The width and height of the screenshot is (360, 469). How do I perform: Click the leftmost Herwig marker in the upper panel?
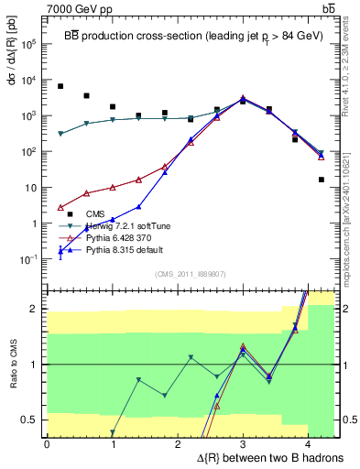pyautogui.click(x=60, y=134)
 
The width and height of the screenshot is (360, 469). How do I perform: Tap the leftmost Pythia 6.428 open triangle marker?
pyautogui.click(x=60, y=207)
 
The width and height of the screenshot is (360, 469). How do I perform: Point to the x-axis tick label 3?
pyautogui.click(x=243, y=443)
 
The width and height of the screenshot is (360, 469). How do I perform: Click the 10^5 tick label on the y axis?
pyautogui.click(x=28, y=44)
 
